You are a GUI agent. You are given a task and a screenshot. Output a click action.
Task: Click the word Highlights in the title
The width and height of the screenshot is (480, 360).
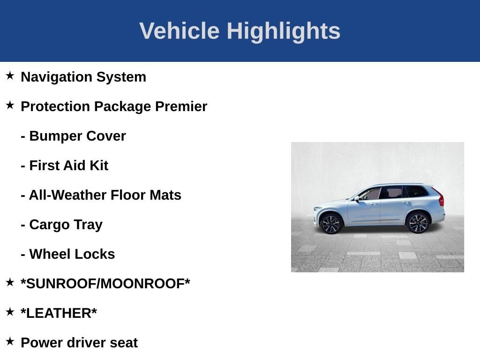point(283,31)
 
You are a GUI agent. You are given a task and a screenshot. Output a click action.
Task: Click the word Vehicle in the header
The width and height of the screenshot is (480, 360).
point(179,31)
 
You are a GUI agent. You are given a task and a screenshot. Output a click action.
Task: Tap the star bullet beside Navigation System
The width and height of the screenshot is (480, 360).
point(10,75)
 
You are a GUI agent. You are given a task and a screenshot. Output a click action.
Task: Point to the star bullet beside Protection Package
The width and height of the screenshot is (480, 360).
point(10,105)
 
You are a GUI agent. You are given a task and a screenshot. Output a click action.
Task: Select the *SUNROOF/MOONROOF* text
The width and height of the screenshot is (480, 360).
point(105,284)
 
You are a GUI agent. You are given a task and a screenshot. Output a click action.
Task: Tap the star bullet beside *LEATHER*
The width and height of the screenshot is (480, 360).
point(10,312)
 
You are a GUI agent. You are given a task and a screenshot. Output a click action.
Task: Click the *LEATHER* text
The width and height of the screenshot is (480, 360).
point(59,313)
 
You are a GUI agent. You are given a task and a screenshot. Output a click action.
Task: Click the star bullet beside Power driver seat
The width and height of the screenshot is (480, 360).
point(10,341)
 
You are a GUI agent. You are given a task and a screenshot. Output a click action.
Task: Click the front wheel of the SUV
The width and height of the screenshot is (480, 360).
point(331,224)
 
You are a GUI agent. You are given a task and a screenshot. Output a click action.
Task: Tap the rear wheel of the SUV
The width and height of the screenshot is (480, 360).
point(418,223)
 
